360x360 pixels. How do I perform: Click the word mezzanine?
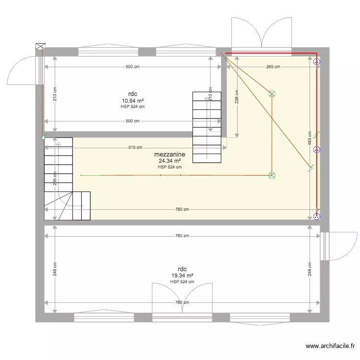click(x=170, y=155)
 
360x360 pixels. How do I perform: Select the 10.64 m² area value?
click(x=133, y=101)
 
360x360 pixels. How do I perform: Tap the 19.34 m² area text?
click(x=182, y=276)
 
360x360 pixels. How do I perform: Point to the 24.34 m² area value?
click(x=170, y=161)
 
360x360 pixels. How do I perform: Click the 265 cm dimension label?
click(x=272, y=67)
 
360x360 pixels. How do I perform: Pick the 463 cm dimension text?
click(x=310, y=139)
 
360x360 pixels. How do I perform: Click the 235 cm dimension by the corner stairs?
click(x=55, y=179)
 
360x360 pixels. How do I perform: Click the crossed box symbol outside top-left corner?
click(x=40, y=47)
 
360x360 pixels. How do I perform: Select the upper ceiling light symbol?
click(x=272, y=94)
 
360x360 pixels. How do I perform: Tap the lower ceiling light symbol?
click(x=272, y=175)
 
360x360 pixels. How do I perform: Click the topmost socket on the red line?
click(x=316, y=61)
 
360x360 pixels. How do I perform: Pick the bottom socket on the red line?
click(x=316, y=216)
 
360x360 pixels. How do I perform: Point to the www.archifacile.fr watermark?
click(x=332, y=346)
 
